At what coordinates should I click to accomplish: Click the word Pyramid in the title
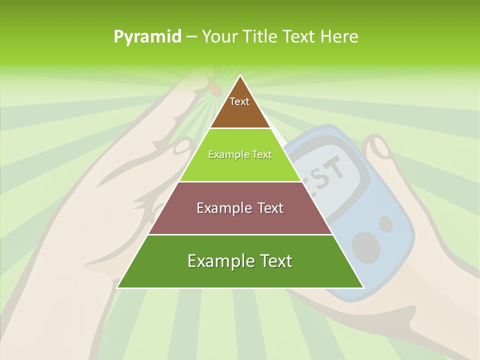(147, 36)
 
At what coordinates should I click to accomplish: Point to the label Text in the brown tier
(239, 101)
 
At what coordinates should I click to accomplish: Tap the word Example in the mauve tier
(218, 208)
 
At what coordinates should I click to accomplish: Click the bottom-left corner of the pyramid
(118, 287)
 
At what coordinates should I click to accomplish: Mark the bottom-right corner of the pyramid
(362, 287)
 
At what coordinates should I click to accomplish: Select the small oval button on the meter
(385, 224)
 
